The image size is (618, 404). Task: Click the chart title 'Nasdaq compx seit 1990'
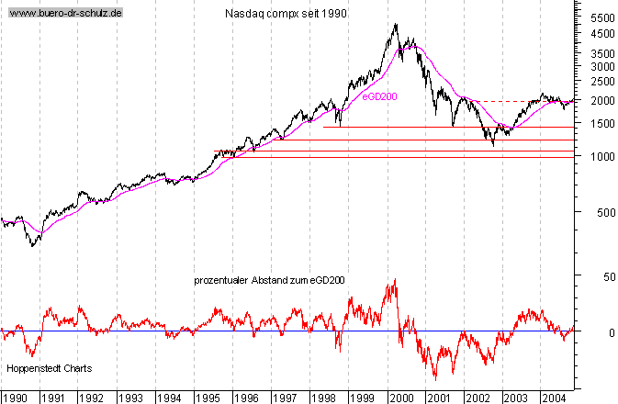pos(285,15)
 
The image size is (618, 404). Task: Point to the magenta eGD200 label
pos(379,95)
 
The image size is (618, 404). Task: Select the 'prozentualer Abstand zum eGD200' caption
pos(269,279)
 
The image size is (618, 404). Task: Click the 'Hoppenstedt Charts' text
pos(49,368)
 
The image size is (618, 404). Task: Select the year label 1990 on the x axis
pos(16,398)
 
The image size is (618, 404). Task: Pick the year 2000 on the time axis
pos(400,398)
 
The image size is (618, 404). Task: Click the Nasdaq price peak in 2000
pos(396,25)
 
